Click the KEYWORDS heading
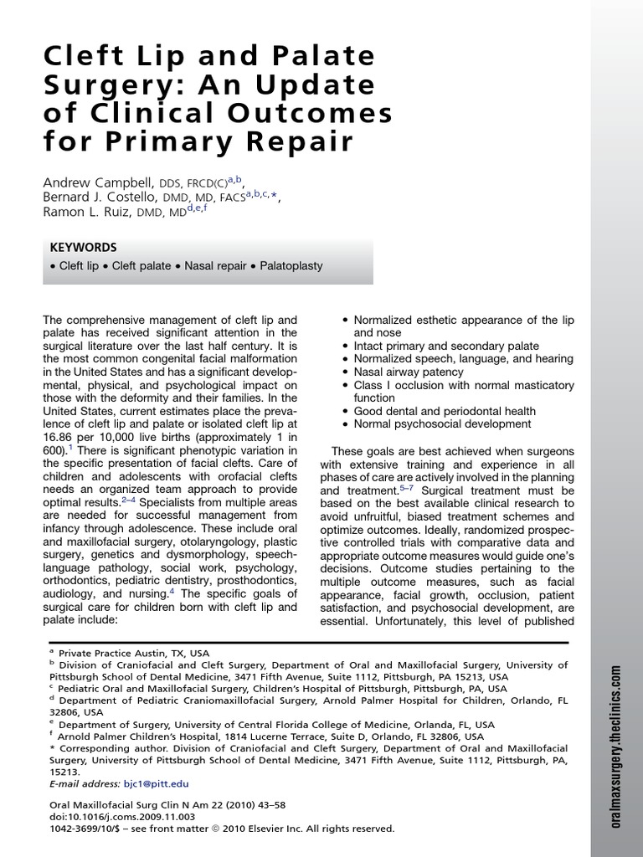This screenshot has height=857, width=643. coord(84,248)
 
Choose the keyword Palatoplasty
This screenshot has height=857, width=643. coord(291,267)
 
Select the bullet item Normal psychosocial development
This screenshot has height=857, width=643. coord(444,424)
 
